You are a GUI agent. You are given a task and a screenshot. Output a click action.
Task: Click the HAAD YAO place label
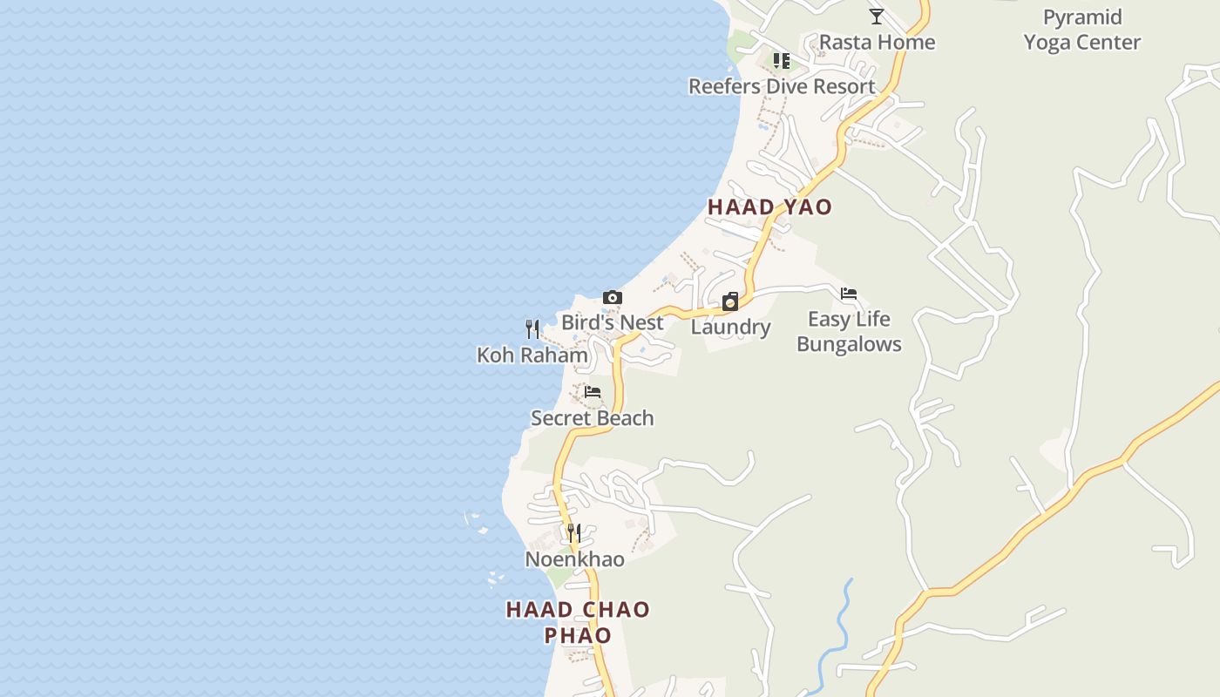click(769, 207)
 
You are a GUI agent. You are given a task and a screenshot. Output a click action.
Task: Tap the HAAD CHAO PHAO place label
click(578, 622)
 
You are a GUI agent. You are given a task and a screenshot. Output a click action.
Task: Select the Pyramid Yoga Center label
click(1082, 30)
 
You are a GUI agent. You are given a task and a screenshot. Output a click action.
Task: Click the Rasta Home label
click(877, 43)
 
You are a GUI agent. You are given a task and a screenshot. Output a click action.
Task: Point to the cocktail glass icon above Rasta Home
click(877, 17)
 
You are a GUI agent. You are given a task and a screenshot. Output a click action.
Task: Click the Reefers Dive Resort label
click(782, 86)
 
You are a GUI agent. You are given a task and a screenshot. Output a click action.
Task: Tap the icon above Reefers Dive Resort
click(782, 61)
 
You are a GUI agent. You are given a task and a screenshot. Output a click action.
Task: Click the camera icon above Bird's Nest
click(613, 298)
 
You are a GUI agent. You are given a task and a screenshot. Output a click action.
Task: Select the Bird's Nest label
click(612, 322)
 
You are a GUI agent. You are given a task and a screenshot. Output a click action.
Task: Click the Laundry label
click(730, 328)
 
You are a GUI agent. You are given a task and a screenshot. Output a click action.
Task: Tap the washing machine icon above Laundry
click(730, 302)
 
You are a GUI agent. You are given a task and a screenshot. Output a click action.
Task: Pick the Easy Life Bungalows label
click(849, 332)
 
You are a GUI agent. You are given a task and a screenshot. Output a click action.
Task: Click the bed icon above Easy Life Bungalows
click(849, 294)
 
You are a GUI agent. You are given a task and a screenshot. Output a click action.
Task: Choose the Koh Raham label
click(532, 355)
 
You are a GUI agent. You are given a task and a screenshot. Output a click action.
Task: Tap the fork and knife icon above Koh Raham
click(532, 329)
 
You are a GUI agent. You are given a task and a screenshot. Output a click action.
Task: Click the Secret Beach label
click(593, 418)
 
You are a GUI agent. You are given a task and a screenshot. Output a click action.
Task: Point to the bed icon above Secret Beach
click(593, 392)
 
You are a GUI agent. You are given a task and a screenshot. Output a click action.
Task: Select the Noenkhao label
click(574, 559)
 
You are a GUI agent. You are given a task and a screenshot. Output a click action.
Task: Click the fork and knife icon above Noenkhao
click(574, 532)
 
